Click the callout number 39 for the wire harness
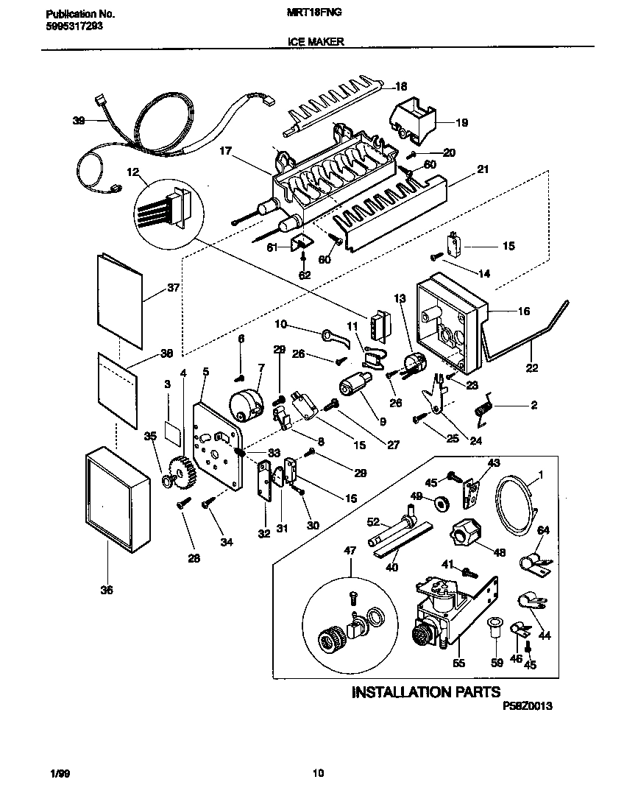tap(79, 121)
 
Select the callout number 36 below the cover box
tap(106, 590)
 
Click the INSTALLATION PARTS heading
tap(426, 691)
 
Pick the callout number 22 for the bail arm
tap(531, 367)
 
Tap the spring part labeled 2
tap(484, 409)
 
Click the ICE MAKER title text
tap(316, 41)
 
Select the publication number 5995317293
tap(71, 26)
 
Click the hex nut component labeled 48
tap(466, 532)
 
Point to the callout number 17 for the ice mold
tap(226, 151)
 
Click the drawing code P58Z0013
tap(528, 705)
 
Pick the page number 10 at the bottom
tap(318, 772)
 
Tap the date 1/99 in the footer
tap(61, 773)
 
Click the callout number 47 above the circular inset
tap(350, 551)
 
